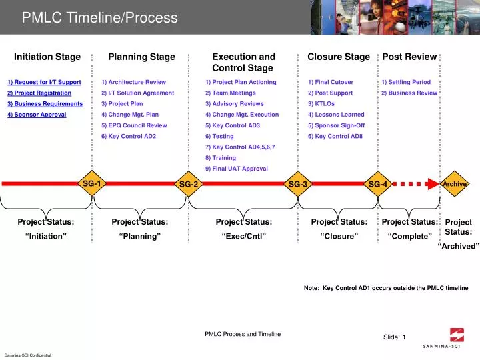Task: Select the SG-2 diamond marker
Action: [x=189, y=184]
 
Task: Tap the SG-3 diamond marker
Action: [x=297, y=184]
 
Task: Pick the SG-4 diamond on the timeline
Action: [x=378, y=184]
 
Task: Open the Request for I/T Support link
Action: [x=44, y=82]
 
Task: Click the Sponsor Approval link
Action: [x=37, y=115]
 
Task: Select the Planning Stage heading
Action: [x=141, y=57]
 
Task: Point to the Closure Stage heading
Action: [x=339, y=57]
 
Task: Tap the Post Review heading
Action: [x=409, y=57]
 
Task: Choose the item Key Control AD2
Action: [x=129, y=136]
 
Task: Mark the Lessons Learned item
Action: [x=336, y=115]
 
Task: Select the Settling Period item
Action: [x=406, y=82]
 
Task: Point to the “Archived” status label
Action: [x=459, y=246]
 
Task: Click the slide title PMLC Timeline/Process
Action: [x=100, y=18]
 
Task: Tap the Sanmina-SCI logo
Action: [x=451, y=339]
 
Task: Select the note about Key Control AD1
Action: [x=386, y=288]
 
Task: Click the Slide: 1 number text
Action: [x=394, y=337]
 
